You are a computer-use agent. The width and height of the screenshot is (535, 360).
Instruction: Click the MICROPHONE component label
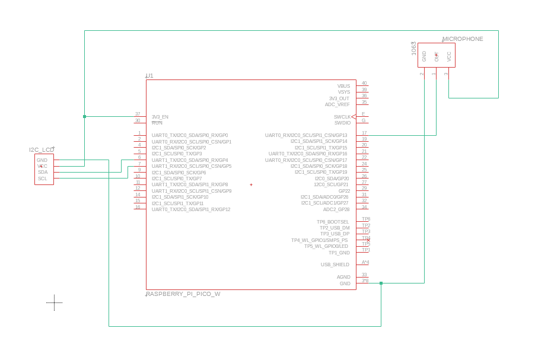coord(463,39)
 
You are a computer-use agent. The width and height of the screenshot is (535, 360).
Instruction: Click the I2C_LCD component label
coord(42,149)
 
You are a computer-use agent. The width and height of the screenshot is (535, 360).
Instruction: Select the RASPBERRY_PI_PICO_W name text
coord(183,294)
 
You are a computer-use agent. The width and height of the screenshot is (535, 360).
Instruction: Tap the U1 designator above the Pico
coord(149,76)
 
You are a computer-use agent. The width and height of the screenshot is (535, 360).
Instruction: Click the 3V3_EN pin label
coord(160,117)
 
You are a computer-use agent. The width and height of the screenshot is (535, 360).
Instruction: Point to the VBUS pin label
coord(343,86)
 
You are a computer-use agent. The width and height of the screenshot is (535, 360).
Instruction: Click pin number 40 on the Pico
coord(364,84)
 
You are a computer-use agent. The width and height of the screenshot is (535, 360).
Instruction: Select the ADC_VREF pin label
coord(337,104)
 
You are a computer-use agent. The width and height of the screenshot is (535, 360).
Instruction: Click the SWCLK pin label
coord(342,117)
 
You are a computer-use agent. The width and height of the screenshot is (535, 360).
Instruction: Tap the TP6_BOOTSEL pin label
coord(333,222)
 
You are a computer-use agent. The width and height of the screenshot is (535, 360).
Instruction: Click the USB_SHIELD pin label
coord(335,265)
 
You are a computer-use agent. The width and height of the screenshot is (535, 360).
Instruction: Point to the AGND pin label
coord(343,277)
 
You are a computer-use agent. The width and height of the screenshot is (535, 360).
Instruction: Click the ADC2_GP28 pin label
coord(336,209)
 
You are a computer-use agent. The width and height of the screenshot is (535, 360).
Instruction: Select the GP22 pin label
coord(344,191)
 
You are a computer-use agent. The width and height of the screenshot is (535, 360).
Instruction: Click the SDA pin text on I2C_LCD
coord(43,172)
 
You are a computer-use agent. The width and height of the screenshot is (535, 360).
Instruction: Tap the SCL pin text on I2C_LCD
coord(43,179)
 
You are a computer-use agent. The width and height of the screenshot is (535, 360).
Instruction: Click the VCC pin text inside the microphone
coord(449,57)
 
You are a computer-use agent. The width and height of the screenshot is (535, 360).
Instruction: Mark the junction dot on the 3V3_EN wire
coord(85,117)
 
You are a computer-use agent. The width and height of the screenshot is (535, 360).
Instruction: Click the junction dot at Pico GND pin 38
coord(381,283)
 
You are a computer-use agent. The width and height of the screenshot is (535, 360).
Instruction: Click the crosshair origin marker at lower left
coord(54,302)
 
